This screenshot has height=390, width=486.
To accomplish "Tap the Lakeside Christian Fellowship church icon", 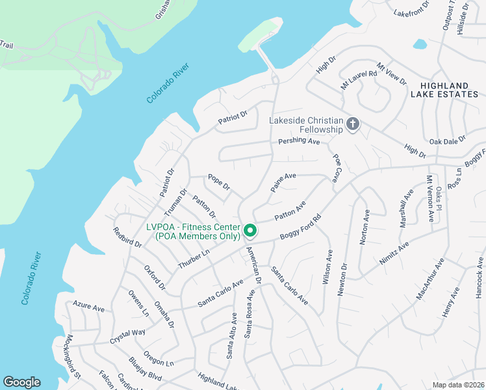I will pyautogui.click(x=353, y=123).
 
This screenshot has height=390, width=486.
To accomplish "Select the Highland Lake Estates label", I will pyautogui.click(x=444, y=90).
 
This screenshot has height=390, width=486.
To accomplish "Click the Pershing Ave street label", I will pyautogui.click(x=300, y=141).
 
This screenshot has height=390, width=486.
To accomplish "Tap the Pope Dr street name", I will pyautogui.click(x=219, y=181).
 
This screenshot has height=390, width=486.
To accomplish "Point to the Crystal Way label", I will pyautogui.click(x=127, y=336).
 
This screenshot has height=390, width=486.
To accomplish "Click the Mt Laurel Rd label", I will pyautogui.click(x=359, y=80).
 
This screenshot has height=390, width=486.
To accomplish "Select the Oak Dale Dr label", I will pyautogui.click(x=448, y=140).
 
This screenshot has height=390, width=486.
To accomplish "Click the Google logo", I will pyautogui.click(x=21, y=382).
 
